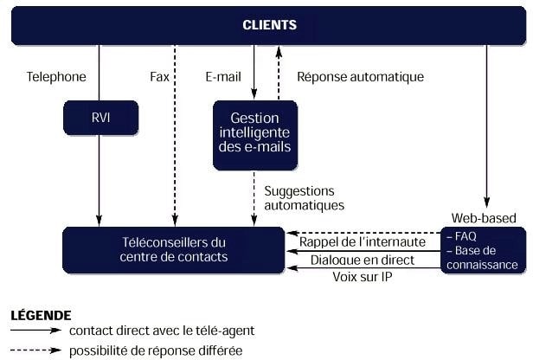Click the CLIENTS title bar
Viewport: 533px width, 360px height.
coord(268,26)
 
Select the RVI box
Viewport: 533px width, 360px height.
coord(100,118)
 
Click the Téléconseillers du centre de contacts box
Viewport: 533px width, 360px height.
coord(173,250)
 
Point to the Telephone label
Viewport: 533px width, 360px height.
coord(57,77)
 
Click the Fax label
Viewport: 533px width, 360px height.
coord(159,77)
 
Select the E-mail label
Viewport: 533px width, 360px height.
coord(222,77)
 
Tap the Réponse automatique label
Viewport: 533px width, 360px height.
coord(360,77)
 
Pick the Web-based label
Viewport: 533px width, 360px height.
coord(484,217)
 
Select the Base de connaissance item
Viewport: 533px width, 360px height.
coord(484,257)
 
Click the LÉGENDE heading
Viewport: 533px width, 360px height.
coord(41,316)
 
